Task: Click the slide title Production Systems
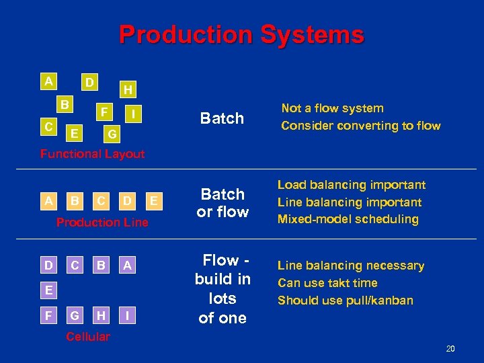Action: tap(241, 35)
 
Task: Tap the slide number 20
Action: tap(450, 348)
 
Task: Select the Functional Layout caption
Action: tap(92, 154)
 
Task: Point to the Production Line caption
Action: tap(102, 222)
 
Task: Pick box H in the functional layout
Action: tap(127, 89)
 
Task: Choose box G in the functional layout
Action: tap(112, 134)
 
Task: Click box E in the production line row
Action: tap(154, 200)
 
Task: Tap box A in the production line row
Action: tap(49, 200)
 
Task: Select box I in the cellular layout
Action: tap(127, 314)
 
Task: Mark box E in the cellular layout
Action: tap(49, 290)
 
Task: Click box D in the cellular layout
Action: tap(49, 266)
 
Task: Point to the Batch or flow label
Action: tap(223, 203)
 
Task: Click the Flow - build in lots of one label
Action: tap(223, 288)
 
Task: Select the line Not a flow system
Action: tap(332, 108)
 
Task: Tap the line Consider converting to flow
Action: tap(360, 126)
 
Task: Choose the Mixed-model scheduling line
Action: tap(348, 219)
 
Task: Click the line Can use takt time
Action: tap(327, 283)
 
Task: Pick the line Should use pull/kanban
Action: tap(345, 300)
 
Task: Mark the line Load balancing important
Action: tap(351, 185)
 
